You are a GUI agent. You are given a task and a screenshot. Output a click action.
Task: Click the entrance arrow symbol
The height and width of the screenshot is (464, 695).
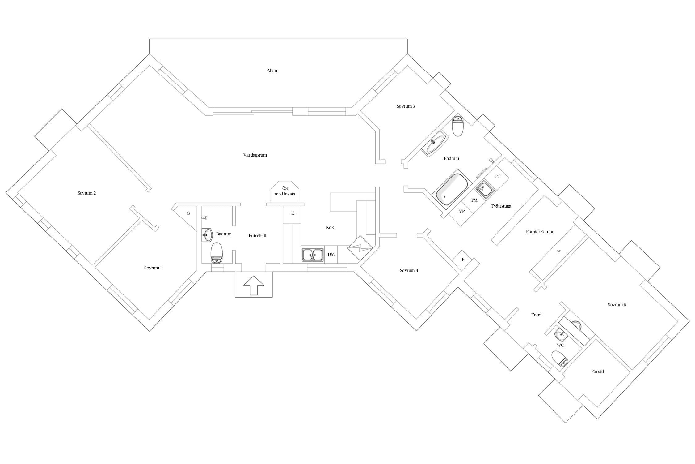[x=254, y=285]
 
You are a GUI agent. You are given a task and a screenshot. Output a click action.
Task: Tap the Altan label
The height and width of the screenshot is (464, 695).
[x=272, y=71]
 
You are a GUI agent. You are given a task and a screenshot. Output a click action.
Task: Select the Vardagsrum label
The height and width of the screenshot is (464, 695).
[x=255, y=155]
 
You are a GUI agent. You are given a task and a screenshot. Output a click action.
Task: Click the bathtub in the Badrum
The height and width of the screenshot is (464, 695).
[x=451, y=190]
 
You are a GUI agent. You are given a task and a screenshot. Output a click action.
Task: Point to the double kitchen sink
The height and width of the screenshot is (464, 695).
[x=313, y=255]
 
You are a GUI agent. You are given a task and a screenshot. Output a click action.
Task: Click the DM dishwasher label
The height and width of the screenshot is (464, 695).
[x=331, y=255]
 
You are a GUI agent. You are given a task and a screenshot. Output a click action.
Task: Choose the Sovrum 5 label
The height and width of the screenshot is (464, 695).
[x=617, y=305]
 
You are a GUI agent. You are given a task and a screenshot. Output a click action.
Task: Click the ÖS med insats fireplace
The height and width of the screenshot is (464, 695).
[x=285, y=192]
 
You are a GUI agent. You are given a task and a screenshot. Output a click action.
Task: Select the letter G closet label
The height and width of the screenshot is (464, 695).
[x=188, y=213]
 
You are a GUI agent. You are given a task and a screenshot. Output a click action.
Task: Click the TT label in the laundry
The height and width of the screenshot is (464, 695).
[x=497, y=176]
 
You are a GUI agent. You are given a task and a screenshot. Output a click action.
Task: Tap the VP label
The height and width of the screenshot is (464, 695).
[x=462, y=211]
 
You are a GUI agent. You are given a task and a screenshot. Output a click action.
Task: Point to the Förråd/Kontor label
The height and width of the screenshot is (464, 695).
[x=540, y=232]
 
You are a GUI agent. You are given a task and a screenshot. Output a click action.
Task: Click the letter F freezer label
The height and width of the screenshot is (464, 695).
[x=463, y=260]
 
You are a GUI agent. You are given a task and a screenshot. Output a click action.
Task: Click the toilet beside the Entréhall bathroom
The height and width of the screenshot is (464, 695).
[x=217, y=253]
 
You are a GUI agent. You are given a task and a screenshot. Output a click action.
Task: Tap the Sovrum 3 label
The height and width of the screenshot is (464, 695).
[x=406, y=106]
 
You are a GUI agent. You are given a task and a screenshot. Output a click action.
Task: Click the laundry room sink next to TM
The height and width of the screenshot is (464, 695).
[x=484, y=188]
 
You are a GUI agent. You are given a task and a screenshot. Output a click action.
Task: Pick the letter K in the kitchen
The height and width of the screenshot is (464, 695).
[x=293, y=213]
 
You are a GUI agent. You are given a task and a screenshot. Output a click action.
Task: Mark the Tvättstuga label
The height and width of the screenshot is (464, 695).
[x=501, y=206]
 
